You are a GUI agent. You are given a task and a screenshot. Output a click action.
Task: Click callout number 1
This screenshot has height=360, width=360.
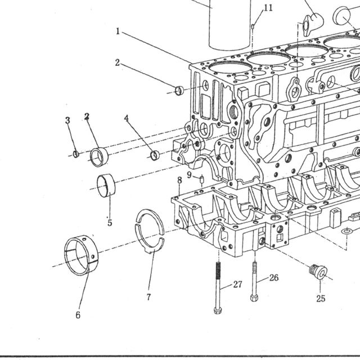pos(118,31)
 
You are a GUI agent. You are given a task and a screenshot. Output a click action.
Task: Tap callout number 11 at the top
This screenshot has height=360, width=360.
pos(268,8)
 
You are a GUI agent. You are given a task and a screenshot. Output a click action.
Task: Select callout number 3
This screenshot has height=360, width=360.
pos(67,120)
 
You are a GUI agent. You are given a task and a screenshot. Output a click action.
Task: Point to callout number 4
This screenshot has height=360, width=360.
pos(126,118)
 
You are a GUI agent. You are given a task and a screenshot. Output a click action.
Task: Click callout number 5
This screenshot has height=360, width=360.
pos(110,223)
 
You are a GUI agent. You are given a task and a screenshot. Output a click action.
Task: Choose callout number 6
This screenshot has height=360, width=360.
pos(78,315)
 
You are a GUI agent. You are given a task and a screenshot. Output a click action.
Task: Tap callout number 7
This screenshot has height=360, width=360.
pos(148,297)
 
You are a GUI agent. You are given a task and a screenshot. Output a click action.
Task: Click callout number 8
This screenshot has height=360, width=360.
pos(179,180)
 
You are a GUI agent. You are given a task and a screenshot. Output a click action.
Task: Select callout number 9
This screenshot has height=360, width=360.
pos(189,175)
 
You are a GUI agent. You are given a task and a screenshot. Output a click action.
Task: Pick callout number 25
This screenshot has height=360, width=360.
pos(321,299)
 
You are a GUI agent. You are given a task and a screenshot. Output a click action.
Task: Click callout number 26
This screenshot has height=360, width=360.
pos(274,278)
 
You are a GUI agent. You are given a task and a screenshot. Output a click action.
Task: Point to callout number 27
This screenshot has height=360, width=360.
pos(237,285)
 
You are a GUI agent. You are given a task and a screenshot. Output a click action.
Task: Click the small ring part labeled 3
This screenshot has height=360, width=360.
pos(76,154)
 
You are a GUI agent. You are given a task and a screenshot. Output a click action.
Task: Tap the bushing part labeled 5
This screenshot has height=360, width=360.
pos(106,186)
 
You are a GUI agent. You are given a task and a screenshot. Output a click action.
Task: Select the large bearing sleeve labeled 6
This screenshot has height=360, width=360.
pos(81,255)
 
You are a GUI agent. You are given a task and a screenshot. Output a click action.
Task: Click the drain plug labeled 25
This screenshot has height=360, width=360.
pos(318,272)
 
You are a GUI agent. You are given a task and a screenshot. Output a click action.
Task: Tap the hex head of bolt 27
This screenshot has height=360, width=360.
pos(218,310)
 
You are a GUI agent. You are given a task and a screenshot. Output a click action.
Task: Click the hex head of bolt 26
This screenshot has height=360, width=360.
pos(254,298)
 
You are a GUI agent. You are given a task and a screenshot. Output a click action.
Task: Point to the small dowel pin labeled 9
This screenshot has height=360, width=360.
pos(202,179)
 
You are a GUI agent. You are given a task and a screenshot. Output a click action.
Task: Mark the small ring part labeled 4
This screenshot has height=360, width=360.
pos(155,155)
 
